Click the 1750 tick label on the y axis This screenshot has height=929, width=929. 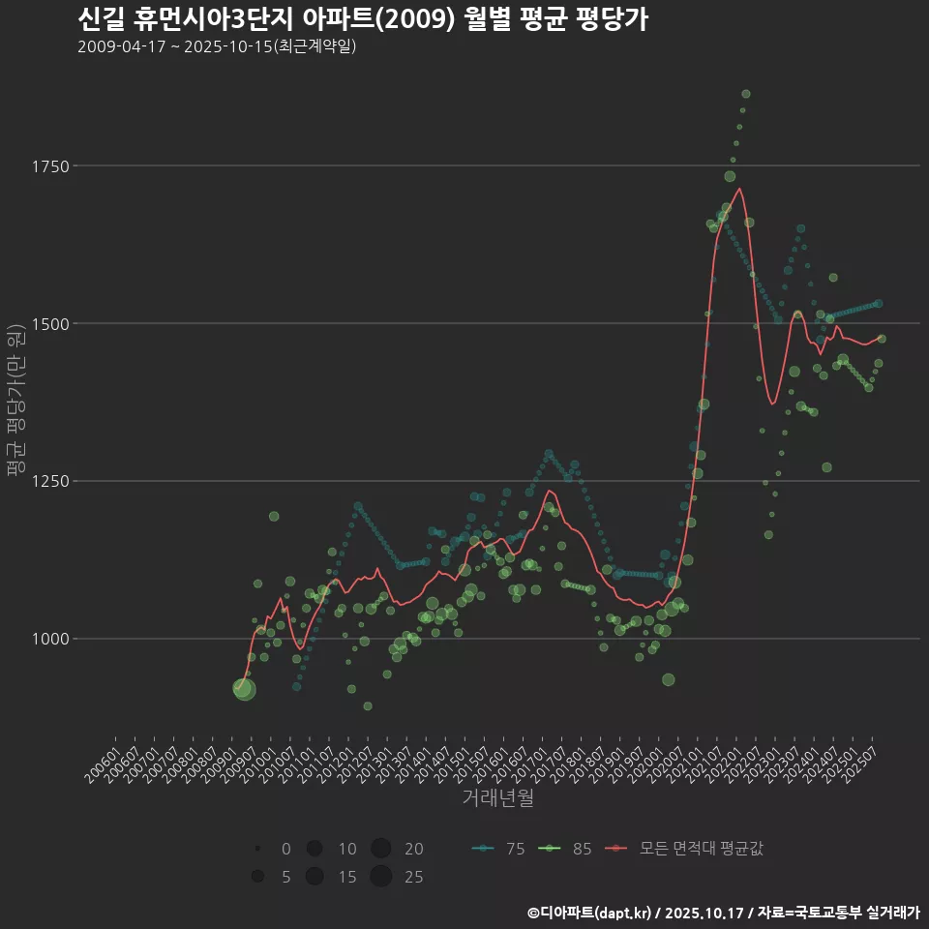[48, 166]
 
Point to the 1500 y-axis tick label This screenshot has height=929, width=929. [48, 323]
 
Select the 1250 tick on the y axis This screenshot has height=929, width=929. [48, 481]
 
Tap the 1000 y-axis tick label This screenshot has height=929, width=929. [48, 639]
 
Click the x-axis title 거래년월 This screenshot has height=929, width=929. [497, 797]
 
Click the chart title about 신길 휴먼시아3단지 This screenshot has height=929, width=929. [362, 19]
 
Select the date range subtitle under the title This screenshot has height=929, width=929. [217, 46]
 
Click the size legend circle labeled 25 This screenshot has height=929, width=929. [380, 877]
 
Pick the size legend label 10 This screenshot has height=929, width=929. [347, 849]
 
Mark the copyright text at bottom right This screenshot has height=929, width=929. [724, 912]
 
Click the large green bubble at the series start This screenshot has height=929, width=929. [244, 689]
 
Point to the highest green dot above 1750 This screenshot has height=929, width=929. [745, 94]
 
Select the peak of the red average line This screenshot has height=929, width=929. [740, 189]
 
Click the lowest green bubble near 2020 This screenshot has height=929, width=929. [668, 679]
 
